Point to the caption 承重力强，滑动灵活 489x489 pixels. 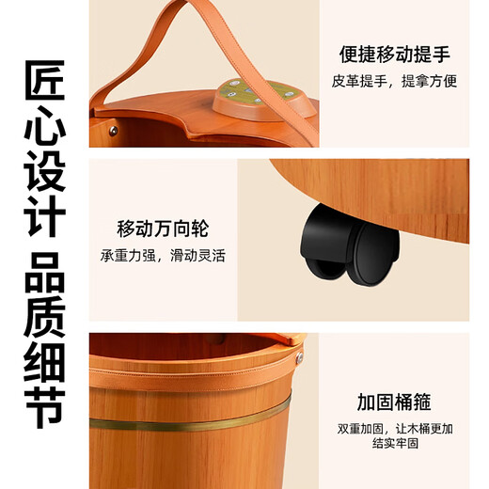163,255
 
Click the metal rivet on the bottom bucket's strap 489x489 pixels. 299,357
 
